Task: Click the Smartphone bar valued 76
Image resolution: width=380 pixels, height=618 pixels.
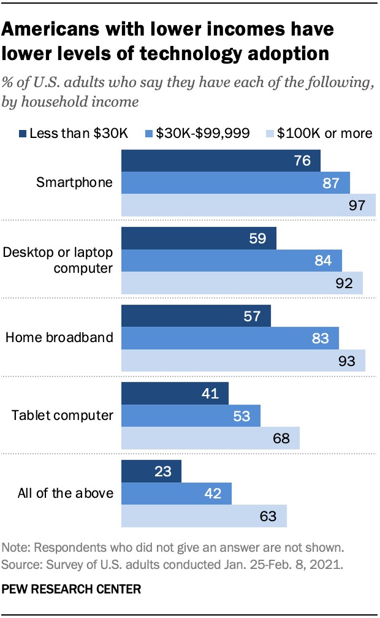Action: click(221, 161)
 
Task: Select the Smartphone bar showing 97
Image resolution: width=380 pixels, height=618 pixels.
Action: click(248, 205)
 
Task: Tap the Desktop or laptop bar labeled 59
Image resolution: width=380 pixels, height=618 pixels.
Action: click(199, 238)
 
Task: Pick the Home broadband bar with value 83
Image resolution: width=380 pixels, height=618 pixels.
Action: click(230, 338)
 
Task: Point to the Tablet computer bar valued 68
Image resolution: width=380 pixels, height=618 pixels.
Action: click(210, 438)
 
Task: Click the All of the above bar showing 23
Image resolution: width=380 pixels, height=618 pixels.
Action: click(151, 471)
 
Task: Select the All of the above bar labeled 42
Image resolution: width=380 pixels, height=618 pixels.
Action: click(177, 493)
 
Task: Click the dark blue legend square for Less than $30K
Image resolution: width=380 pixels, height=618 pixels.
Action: click(23, 133)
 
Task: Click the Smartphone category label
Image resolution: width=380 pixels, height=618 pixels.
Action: click(75, 182)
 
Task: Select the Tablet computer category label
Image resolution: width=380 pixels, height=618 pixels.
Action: click(63, 415)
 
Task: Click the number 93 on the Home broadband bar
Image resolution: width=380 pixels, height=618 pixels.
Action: click(346, 360)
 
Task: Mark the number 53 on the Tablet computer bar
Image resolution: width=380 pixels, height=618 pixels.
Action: click(242, 416)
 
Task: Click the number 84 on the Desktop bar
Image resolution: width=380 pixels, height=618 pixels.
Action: click(322, 261)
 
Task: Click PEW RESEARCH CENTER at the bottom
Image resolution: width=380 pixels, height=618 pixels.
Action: click(72, 589)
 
